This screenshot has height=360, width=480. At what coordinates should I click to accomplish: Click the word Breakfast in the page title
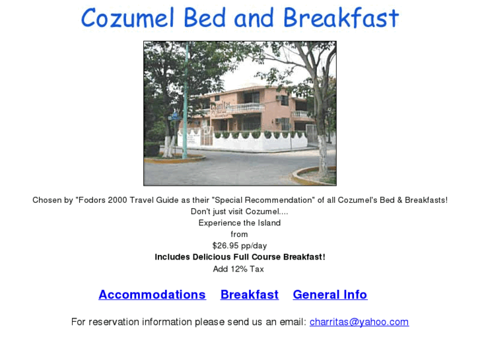(x=351, y=18)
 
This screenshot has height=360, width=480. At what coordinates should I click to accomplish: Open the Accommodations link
(x=152, y=295)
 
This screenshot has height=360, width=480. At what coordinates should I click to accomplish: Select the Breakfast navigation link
(x=249, y=295)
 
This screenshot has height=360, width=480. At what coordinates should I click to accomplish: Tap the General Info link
(x=329, y=295)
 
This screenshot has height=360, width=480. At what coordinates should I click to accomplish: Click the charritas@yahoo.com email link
(x=359, y=322)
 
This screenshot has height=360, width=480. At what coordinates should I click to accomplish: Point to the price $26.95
(x=225, y=246)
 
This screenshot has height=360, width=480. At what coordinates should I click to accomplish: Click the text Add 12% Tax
(x=238, y=269)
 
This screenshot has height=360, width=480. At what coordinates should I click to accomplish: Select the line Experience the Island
(x=239, y=223)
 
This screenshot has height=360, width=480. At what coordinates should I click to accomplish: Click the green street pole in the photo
(x=186, y=106)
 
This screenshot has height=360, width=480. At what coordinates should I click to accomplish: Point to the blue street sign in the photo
(x=175, y=115)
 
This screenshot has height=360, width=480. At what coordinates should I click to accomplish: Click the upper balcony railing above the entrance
(x=246, y=107)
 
